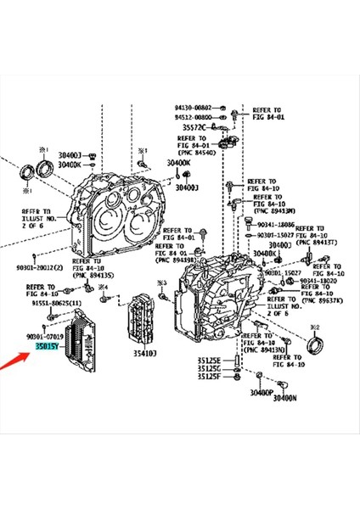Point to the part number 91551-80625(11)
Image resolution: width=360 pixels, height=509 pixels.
[58, 303]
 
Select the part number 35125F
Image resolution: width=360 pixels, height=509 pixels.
[208, 376]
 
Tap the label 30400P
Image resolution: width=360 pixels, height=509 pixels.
[262, 393]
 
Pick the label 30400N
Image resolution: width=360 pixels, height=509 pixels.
[284, 397]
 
